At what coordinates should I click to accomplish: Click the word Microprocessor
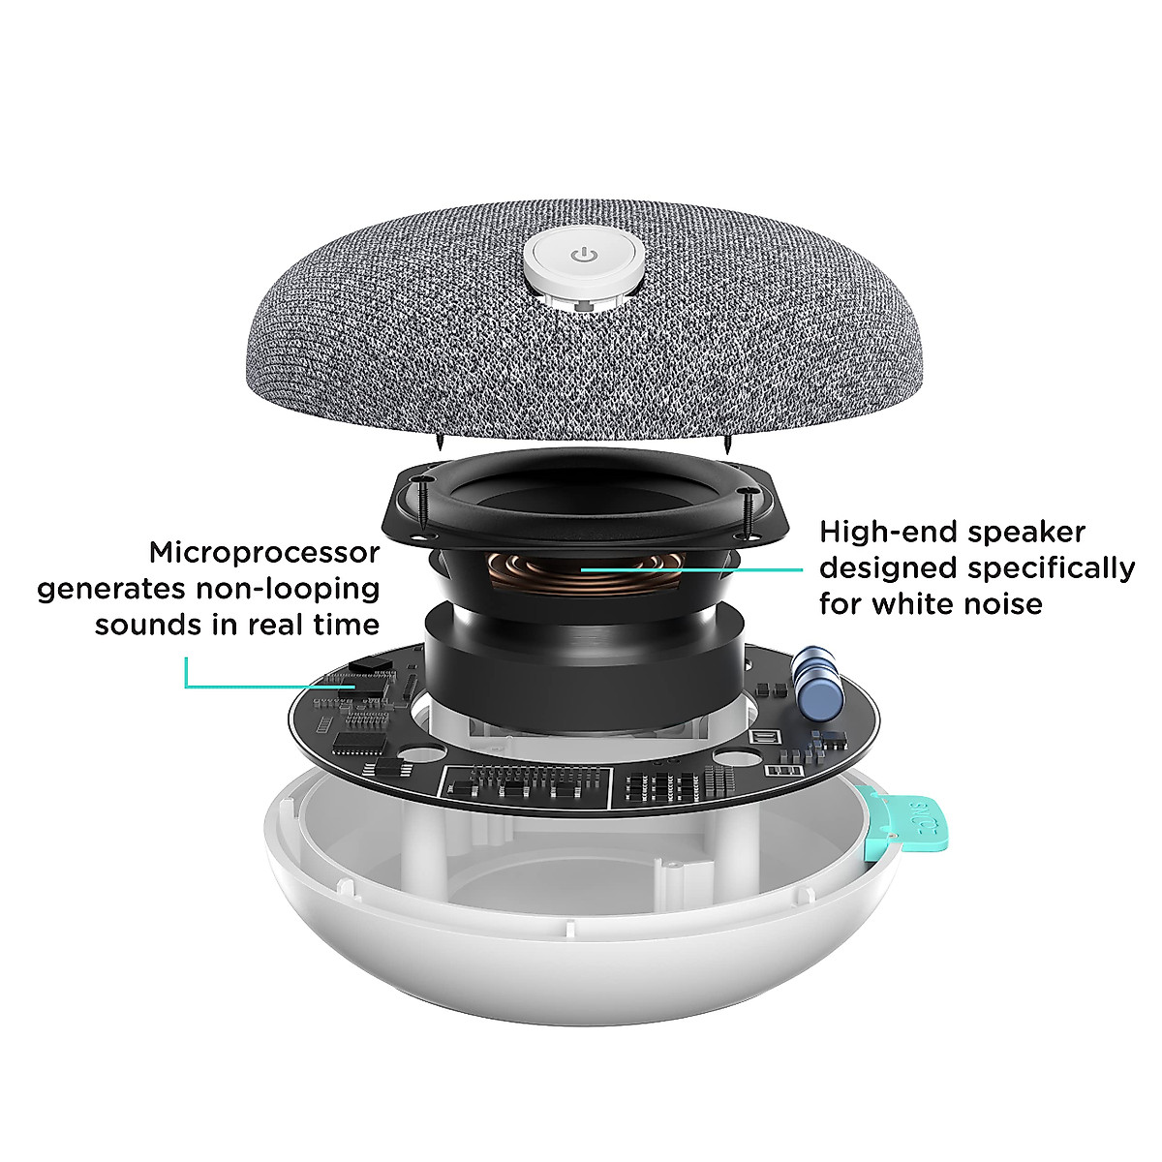tap(264, 553)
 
